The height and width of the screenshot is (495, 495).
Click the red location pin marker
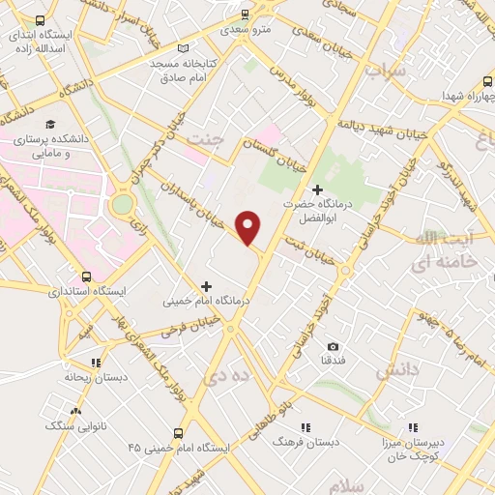point(249,227)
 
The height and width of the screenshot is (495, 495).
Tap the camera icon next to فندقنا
point(333,346)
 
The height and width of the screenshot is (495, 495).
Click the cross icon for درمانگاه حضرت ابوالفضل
point(317,189)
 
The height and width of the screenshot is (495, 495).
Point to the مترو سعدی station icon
point(244,15)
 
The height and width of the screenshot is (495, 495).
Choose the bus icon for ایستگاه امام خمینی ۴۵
point(178,434)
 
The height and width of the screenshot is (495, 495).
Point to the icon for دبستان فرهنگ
point(306,426)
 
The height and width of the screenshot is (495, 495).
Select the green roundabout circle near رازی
point(122,205)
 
